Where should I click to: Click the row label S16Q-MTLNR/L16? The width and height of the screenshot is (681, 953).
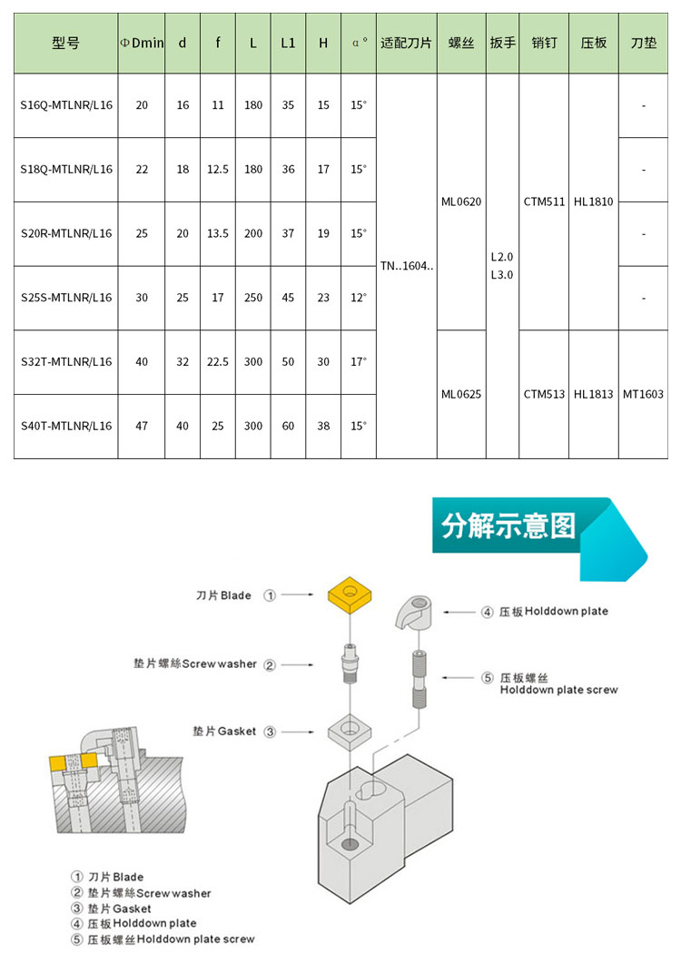point(66,105)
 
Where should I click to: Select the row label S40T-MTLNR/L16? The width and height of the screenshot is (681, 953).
point(66,426)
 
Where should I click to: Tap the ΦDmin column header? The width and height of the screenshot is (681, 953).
point(142,43)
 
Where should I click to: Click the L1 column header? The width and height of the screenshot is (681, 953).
point(288,43)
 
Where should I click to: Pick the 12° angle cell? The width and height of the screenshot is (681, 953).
point(359,298)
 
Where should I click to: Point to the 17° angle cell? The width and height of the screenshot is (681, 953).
point(359,361)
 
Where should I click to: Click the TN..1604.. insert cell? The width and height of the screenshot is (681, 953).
point(406,266)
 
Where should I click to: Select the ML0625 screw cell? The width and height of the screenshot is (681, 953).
point(461,394)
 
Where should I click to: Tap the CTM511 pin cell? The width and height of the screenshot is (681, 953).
point(544,201)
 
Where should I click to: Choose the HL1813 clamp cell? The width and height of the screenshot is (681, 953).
point(594,394)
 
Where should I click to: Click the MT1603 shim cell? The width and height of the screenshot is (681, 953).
point(643,394)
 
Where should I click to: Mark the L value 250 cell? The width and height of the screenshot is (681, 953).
point(253,298)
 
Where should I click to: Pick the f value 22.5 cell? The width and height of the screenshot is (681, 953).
point(218,361)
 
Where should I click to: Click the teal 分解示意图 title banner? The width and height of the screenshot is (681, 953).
point(513,526)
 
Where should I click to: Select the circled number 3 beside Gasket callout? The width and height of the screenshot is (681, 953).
point(270,732)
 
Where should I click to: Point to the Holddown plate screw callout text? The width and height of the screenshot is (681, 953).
point(558,683)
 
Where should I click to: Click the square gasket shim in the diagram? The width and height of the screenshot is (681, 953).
point(350,730)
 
